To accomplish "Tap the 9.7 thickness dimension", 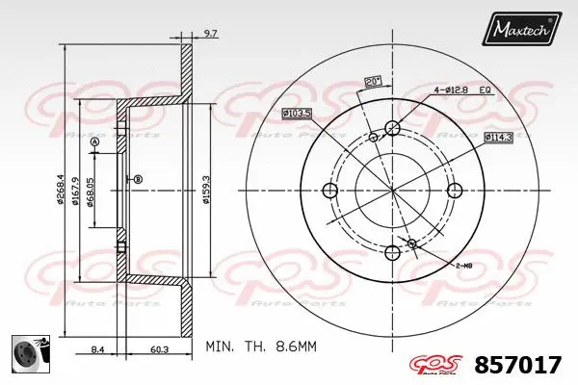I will (210, 35).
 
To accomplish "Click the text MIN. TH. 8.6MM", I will (261, 344).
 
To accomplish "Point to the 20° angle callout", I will (371, 81).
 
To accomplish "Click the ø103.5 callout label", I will (295, 114).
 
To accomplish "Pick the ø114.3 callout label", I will (497, 138).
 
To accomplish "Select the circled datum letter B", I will (138, 179).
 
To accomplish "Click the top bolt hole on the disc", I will (392, 127).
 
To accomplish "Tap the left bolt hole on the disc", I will (329, 190).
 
